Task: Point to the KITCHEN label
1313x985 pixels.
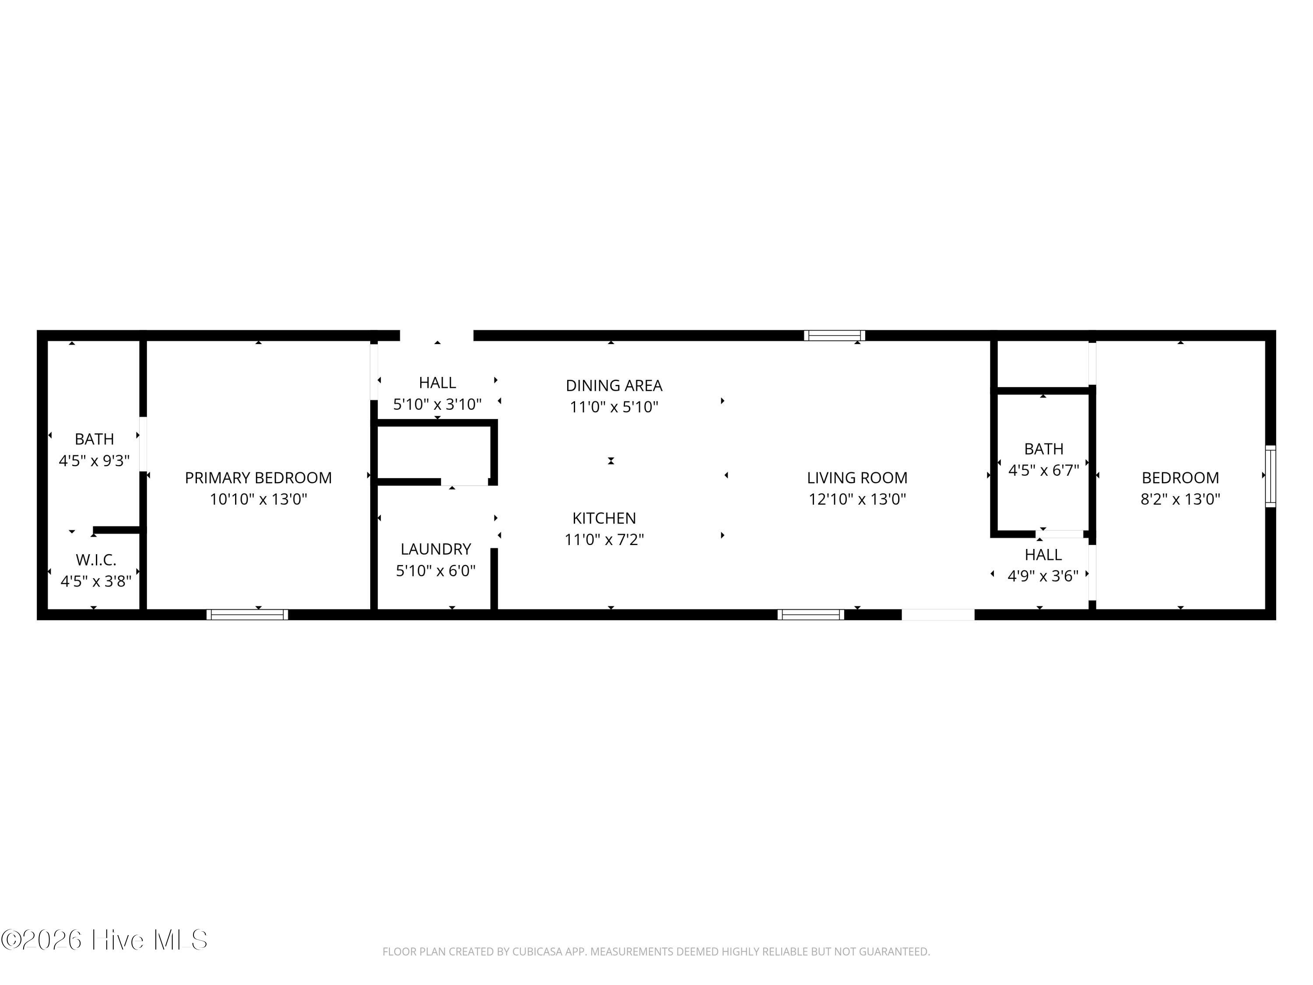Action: pos(604,518)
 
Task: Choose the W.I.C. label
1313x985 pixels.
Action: pos(95,559)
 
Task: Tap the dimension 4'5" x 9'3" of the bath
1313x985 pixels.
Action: pos(95,461)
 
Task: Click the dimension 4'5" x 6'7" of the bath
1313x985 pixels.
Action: pos(1043,470)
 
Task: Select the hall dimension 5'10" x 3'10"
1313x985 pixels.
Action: pos(438,405)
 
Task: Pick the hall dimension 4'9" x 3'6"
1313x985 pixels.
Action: pos(1043,576)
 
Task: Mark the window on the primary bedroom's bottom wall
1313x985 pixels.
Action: pos(248,615)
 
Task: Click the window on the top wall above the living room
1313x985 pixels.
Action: pos(835,335)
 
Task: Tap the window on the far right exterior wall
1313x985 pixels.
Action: pos(1270,476)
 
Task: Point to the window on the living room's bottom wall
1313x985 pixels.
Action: pos(811,615)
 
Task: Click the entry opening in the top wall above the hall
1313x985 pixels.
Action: pos(437,335)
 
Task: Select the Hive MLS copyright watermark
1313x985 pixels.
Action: pos(105,940)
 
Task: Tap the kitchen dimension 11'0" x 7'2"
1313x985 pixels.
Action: pos(604,540)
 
